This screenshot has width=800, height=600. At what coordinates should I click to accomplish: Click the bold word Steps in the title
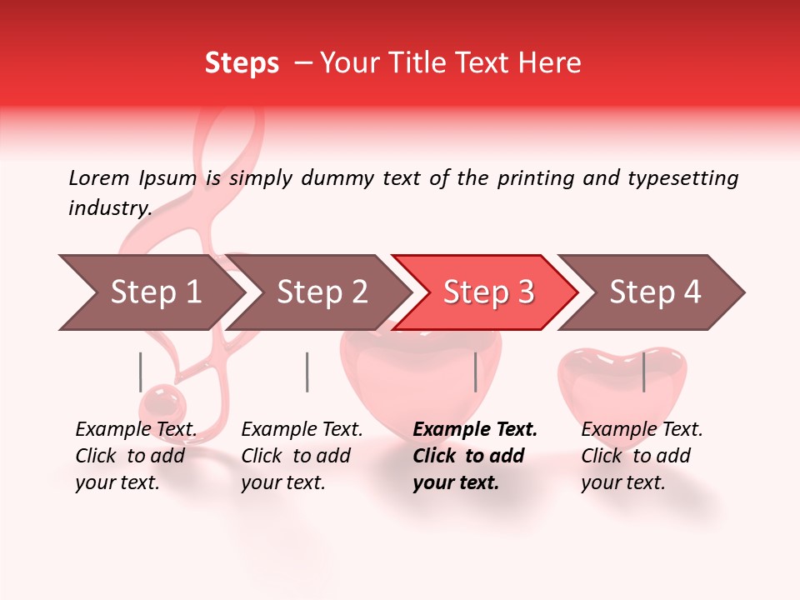(242, 63)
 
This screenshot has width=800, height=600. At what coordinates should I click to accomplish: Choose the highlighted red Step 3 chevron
(488, 292)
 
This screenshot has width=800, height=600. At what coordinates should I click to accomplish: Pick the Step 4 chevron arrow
(655, 292)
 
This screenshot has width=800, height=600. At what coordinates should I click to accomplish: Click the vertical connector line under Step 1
(141, 372)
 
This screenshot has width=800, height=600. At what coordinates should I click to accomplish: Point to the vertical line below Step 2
(307, 372)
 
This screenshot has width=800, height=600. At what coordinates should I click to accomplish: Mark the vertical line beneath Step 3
(475, 372)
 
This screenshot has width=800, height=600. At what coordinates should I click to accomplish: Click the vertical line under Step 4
(643, 372)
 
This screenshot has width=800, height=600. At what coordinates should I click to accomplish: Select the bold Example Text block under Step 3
(475, 456)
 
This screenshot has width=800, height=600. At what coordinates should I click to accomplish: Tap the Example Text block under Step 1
(136, 456)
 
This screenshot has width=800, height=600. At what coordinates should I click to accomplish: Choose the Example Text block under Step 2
(302, 456)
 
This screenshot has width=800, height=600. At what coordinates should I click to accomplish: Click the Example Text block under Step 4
(642, 456)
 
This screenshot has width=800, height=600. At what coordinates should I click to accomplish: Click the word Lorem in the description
(98, 177)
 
